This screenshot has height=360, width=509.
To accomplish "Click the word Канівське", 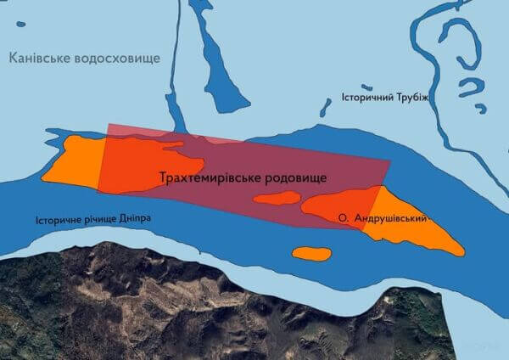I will [x=40, y=58].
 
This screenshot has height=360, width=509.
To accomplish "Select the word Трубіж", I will [x=415, y=97].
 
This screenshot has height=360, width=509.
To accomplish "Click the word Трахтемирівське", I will [x=208, y=177].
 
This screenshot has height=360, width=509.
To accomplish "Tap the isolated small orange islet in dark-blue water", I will [x=311, y=253].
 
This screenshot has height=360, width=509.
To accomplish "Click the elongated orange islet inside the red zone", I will [x=277, y=199].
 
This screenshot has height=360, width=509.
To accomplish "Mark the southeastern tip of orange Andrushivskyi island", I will [x=461, y=251].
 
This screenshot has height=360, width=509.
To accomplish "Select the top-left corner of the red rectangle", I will [x=109, y=126].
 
